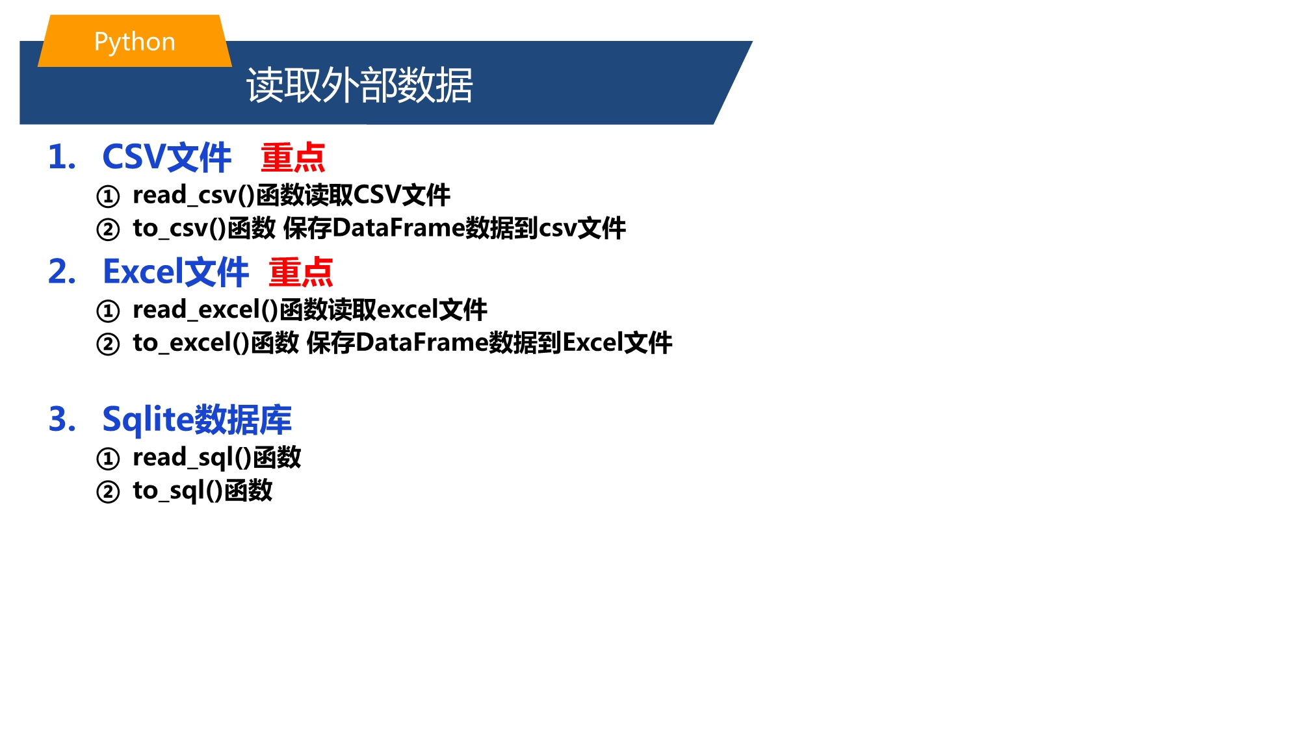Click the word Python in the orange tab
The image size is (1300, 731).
pos(135,42)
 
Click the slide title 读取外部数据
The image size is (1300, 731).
pos(359,85)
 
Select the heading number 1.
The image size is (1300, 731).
pos(62,157)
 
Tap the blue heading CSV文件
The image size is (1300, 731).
pos(166,157)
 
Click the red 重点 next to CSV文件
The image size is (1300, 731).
pos(292,157)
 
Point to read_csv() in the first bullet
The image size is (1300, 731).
pos(193,195)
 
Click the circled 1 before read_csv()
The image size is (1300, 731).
pos(108,196)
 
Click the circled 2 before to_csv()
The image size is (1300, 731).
pos(108,229)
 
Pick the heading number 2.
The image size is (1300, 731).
pos(62,272)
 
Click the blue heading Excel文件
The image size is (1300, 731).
pos(175,272)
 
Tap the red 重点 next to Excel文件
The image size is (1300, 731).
pos(301,272)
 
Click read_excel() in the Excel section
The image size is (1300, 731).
pos(205,310)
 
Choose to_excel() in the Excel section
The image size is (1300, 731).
pos(191,343)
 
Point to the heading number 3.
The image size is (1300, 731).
pos(62,419)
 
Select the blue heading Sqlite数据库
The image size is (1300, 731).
pos(197,419)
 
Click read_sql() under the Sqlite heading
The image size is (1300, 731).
pos(192,457)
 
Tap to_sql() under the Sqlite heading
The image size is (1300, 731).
pos(177,491)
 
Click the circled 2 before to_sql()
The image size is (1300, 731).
pos(108,492)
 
